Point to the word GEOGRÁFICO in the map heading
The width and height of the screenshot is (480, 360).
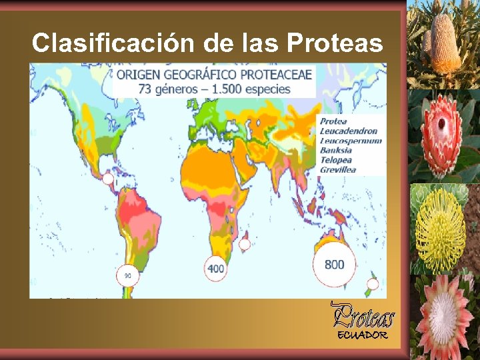point(201,75)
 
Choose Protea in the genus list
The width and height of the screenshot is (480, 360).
point(333,121)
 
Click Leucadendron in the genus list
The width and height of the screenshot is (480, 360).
point(348,131)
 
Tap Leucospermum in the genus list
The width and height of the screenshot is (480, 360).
point(351,141)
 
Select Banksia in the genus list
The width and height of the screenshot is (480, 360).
point(336,150)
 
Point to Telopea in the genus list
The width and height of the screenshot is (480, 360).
point(336,160)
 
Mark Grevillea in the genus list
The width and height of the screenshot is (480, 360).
point(338,170)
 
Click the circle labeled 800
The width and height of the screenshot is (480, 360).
point(334,264)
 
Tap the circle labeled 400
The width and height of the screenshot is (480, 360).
point(216,268)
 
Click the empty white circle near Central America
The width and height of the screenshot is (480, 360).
point(107,179)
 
